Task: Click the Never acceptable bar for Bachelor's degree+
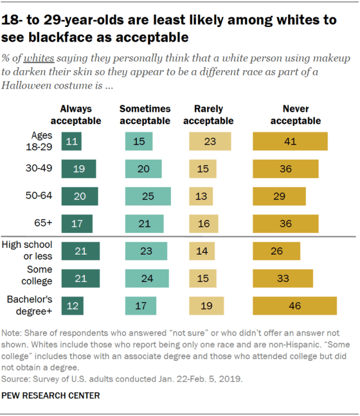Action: point(295,306)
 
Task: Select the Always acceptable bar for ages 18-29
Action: point(72,141)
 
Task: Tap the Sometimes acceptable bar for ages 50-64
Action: point(147,196)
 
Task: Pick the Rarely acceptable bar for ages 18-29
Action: point(210,141)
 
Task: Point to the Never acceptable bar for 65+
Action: point(286,223)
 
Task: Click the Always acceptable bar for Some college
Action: point(80,278)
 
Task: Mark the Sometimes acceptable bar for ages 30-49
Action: point(143,169)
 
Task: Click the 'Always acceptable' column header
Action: point(76,115)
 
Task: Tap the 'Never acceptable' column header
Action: point(295,115)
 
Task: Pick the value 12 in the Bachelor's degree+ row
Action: point(71,306)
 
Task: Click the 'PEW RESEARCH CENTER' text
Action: point(51,396)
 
